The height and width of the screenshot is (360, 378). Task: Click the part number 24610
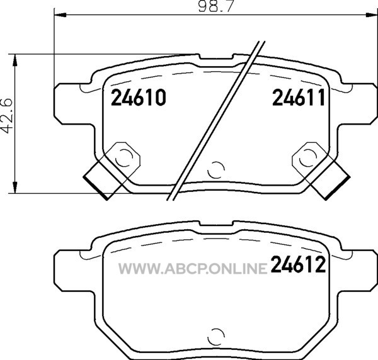139,98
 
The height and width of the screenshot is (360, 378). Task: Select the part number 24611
299,98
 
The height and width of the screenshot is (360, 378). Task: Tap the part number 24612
299,264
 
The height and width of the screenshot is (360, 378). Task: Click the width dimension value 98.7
216,6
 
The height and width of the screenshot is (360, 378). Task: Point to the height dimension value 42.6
6,116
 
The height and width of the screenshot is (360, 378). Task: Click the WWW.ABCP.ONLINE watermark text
193,269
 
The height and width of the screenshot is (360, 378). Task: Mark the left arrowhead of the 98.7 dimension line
60,15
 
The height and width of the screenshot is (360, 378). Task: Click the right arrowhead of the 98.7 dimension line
372,15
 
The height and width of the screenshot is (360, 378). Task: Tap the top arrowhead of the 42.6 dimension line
15,60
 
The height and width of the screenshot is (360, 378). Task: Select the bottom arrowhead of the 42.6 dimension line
15,187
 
